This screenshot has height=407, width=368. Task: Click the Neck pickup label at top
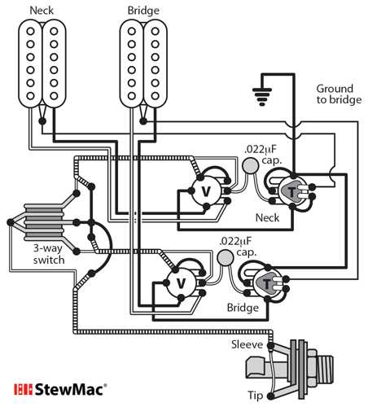pos(42,11)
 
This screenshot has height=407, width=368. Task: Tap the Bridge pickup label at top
pos(143,11)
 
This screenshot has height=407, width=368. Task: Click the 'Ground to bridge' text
pos(334,94)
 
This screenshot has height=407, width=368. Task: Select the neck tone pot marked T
pos(291,191)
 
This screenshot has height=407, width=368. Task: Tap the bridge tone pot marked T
pos(267,283)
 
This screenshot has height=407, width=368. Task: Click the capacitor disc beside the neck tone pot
pos(251,167)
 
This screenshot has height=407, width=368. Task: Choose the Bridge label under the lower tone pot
pos(243,309)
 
